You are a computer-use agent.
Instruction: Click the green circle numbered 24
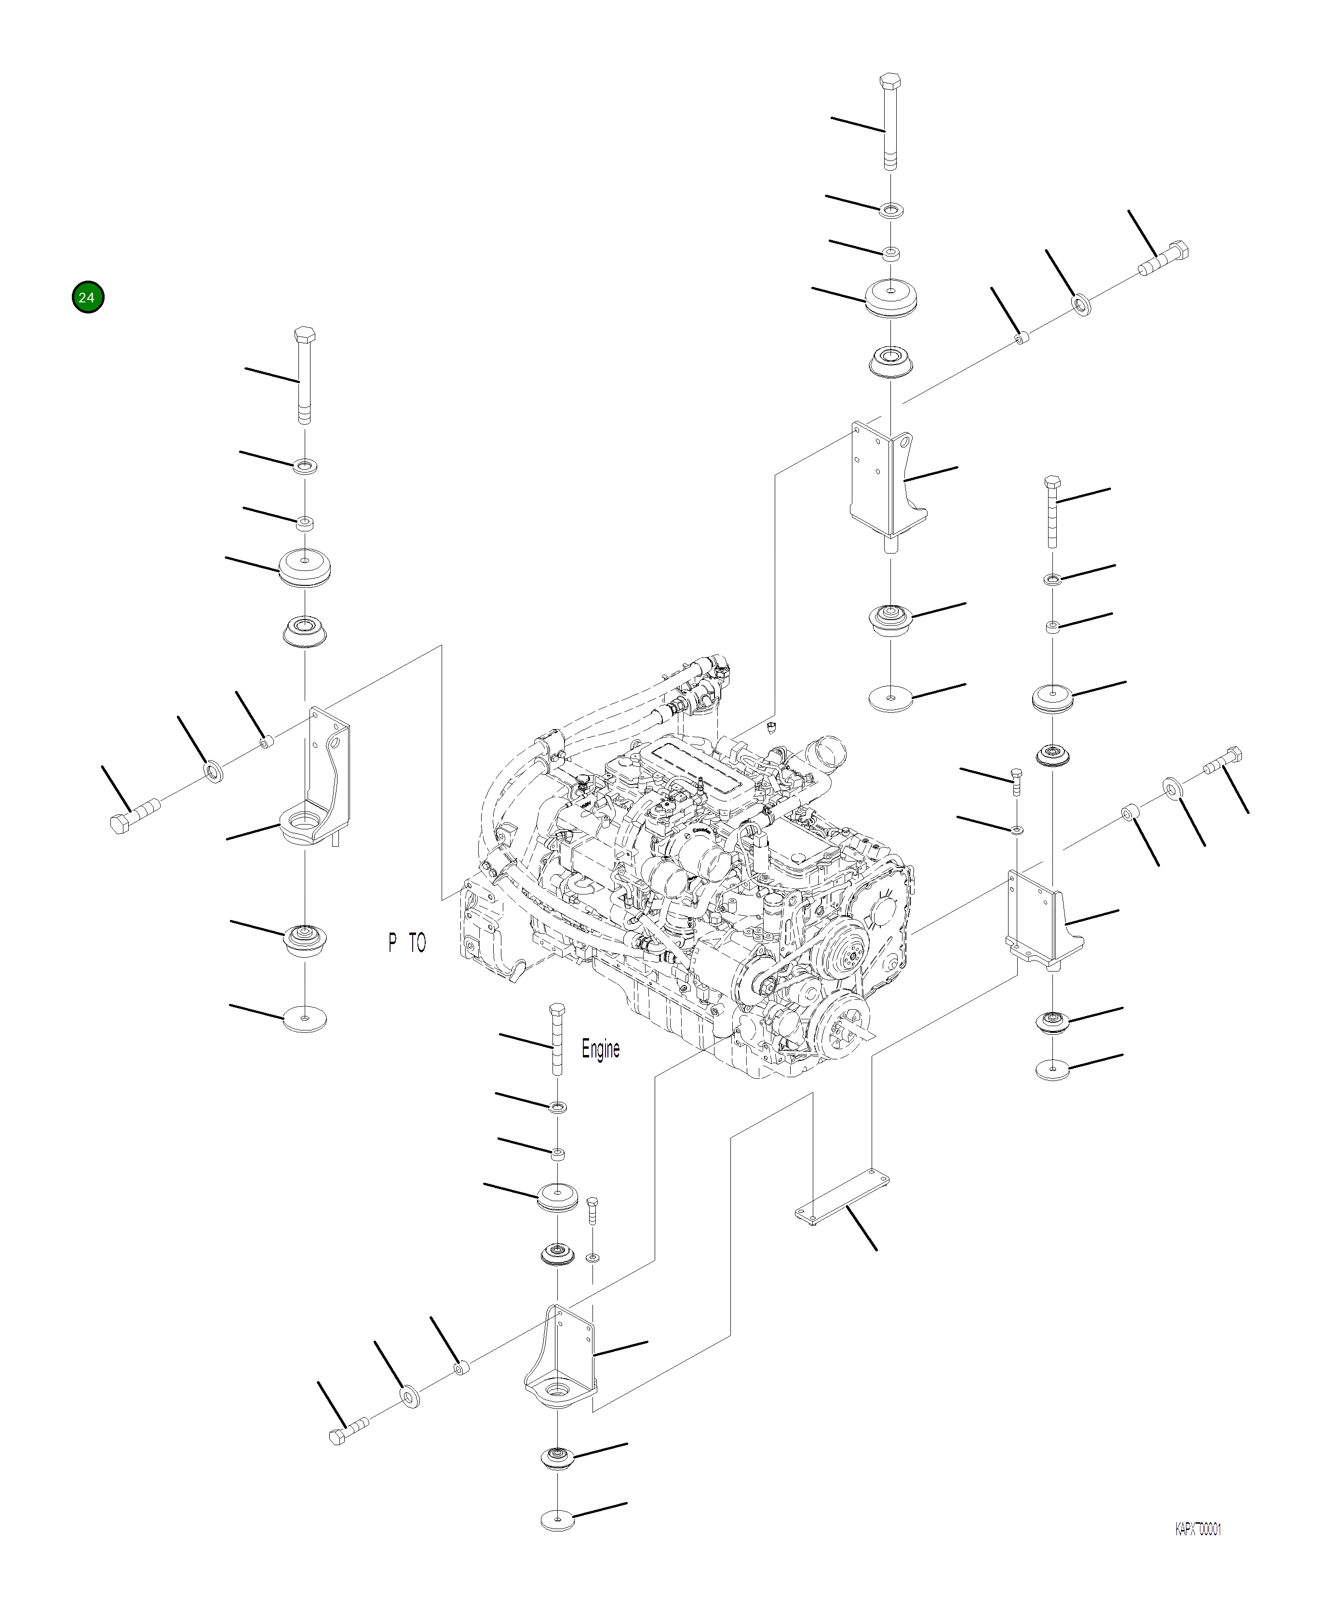pyautogui.click(x=87, y=297)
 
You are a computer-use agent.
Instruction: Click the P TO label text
pyautogui.click(x=406, y=943)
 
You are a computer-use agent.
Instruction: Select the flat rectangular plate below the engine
pyautogui.click(x=840, y=1197)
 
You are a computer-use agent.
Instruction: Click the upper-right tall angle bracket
pyautogui.click(x=886, y=483)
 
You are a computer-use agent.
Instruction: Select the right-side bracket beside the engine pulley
pyautogui.click(x=1043, y=921)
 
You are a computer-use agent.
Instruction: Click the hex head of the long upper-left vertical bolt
pyautogui.click(x=305, y=335)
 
